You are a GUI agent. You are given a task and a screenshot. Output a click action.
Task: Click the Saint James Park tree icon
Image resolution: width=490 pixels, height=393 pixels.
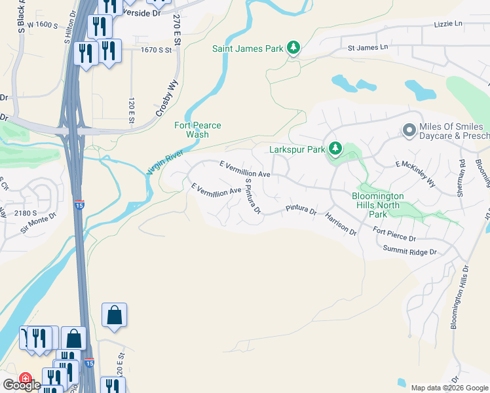coord(294,48)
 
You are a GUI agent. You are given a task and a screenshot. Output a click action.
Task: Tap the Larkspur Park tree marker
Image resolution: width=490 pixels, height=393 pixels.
coord(335,149)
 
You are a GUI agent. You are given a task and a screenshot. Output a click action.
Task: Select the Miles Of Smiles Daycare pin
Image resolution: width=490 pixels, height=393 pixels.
coord(410,131)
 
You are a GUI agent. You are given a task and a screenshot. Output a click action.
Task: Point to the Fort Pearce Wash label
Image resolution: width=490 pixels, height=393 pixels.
coord(197,130)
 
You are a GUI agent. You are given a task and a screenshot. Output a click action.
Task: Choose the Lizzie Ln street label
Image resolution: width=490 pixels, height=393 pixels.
coord(447,24)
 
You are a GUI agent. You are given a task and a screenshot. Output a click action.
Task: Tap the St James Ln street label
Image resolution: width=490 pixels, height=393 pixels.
coord(367,48)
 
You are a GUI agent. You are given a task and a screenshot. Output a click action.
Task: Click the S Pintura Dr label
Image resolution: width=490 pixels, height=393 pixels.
coord(252,196)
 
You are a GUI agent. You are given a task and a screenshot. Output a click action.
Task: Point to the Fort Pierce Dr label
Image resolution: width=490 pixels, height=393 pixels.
coord(394,234)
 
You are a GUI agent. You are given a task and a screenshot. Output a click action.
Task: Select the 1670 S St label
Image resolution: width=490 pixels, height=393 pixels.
coord(156,49)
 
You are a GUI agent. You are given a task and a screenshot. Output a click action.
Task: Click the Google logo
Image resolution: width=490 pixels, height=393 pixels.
coord(21,384)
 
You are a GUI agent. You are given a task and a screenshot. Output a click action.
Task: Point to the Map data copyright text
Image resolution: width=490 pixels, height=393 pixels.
coord(449,388)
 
